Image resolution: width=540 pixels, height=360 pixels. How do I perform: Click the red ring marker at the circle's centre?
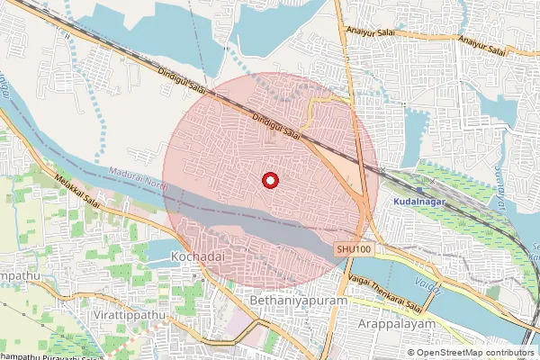pos(269,181)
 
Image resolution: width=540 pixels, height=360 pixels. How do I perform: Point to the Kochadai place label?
pos(193,257)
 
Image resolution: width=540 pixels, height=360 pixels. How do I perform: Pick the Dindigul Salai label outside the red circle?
pos(184,84)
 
